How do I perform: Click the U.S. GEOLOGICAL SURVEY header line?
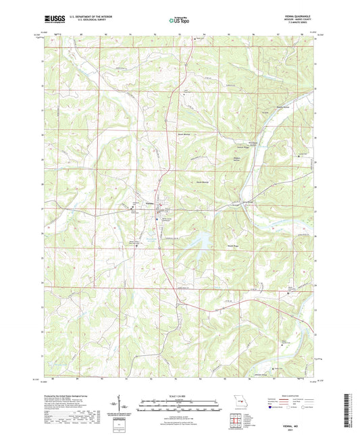(x=86, y=22)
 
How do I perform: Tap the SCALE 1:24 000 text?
(x=179, y=396)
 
